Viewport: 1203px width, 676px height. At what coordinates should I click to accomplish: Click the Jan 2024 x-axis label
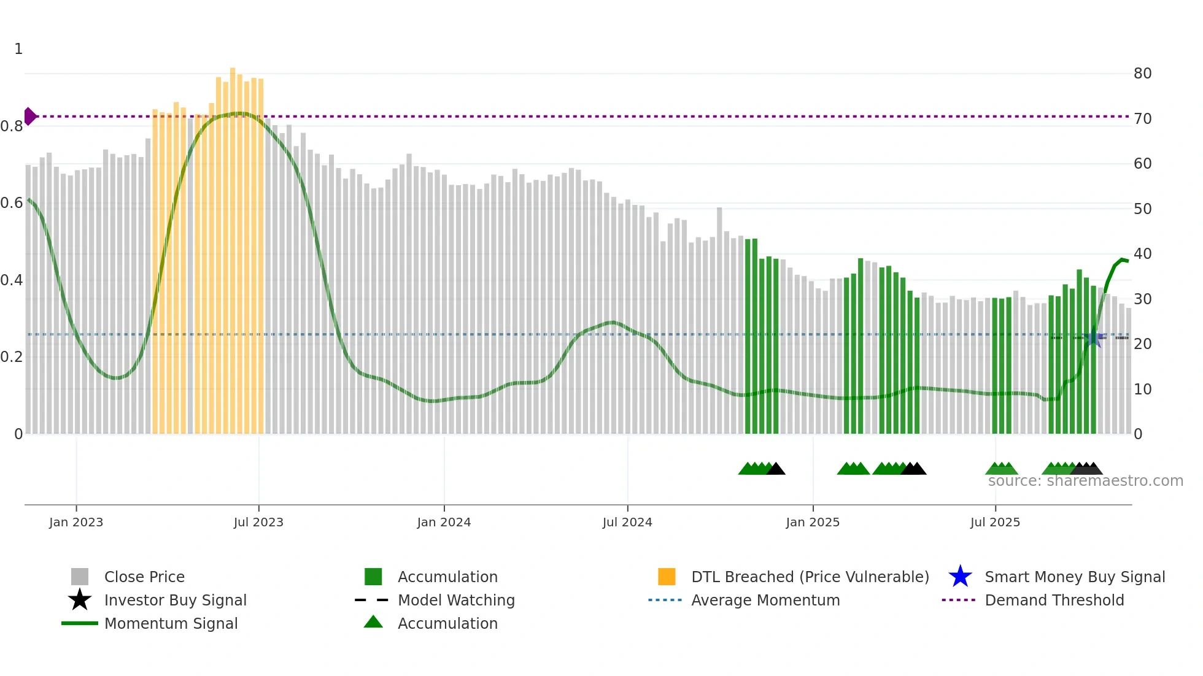point(444,522)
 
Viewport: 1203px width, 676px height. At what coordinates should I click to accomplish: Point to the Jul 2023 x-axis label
point(258,522)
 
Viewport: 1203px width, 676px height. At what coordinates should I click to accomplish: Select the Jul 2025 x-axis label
point(995,522)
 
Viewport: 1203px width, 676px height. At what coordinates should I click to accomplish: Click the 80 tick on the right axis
point(1142,74)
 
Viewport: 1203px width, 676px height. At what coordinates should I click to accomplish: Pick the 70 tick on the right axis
point(1142,118)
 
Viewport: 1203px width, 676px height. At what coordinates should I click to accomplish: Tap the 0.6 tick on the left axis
point(12,203)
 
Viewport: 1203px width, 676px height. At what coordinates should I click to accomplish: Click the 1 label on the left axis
point(18,49)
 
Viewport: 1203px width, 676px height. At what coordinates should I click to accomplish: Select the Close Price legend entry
point(144,577)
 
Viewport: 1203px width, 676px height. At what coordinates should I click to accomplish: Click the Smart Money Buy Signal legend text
point(1074,577)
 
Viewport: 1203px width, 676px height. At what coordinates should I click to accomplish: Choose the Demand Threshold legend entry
point(1054,600)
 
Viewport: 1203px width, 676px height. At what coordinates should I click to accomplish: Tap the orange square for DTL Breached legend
point(667,577)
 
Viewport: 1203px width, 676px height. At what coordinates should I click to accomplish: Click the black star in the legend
point(80,600)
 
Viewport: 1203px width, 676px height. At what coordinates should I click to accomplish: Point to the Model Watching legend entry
point(455,600)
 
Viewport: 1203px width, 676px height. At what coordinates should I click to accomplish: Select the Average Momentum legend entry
point(765,600)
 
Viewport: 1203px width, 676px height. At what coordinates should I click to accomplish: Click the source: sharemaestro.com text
point(1085,481)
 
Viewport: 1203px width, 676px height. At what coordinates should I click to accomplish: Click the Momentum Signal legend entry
point(171,623)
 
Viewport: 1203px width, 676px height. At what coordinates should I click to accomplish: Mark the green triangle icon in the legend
point(373,622)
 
